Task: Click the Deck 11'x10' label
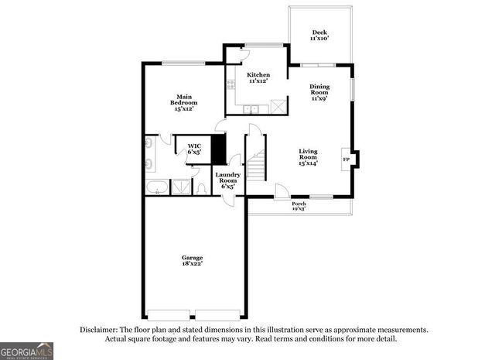coord(319,36)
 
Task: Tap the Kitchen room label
coord(258,77)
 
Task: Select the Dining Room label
coord(319,92)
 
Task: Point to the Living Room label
coord(309,157)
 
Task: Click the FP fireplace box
coord(346,160)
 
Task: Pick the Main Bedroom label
coord(183,103)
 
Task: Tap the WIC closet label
coord(193,149)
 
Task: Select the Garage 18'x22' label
coord(193,261)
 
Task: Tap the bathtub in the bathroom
coord(157,187)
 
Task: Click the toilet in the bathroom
coord(201,187)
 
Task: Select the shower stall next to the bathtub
coord(181,187)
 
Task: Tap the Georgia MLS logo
coord(27,351)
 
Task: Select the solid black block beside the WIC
coord(218,149)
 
